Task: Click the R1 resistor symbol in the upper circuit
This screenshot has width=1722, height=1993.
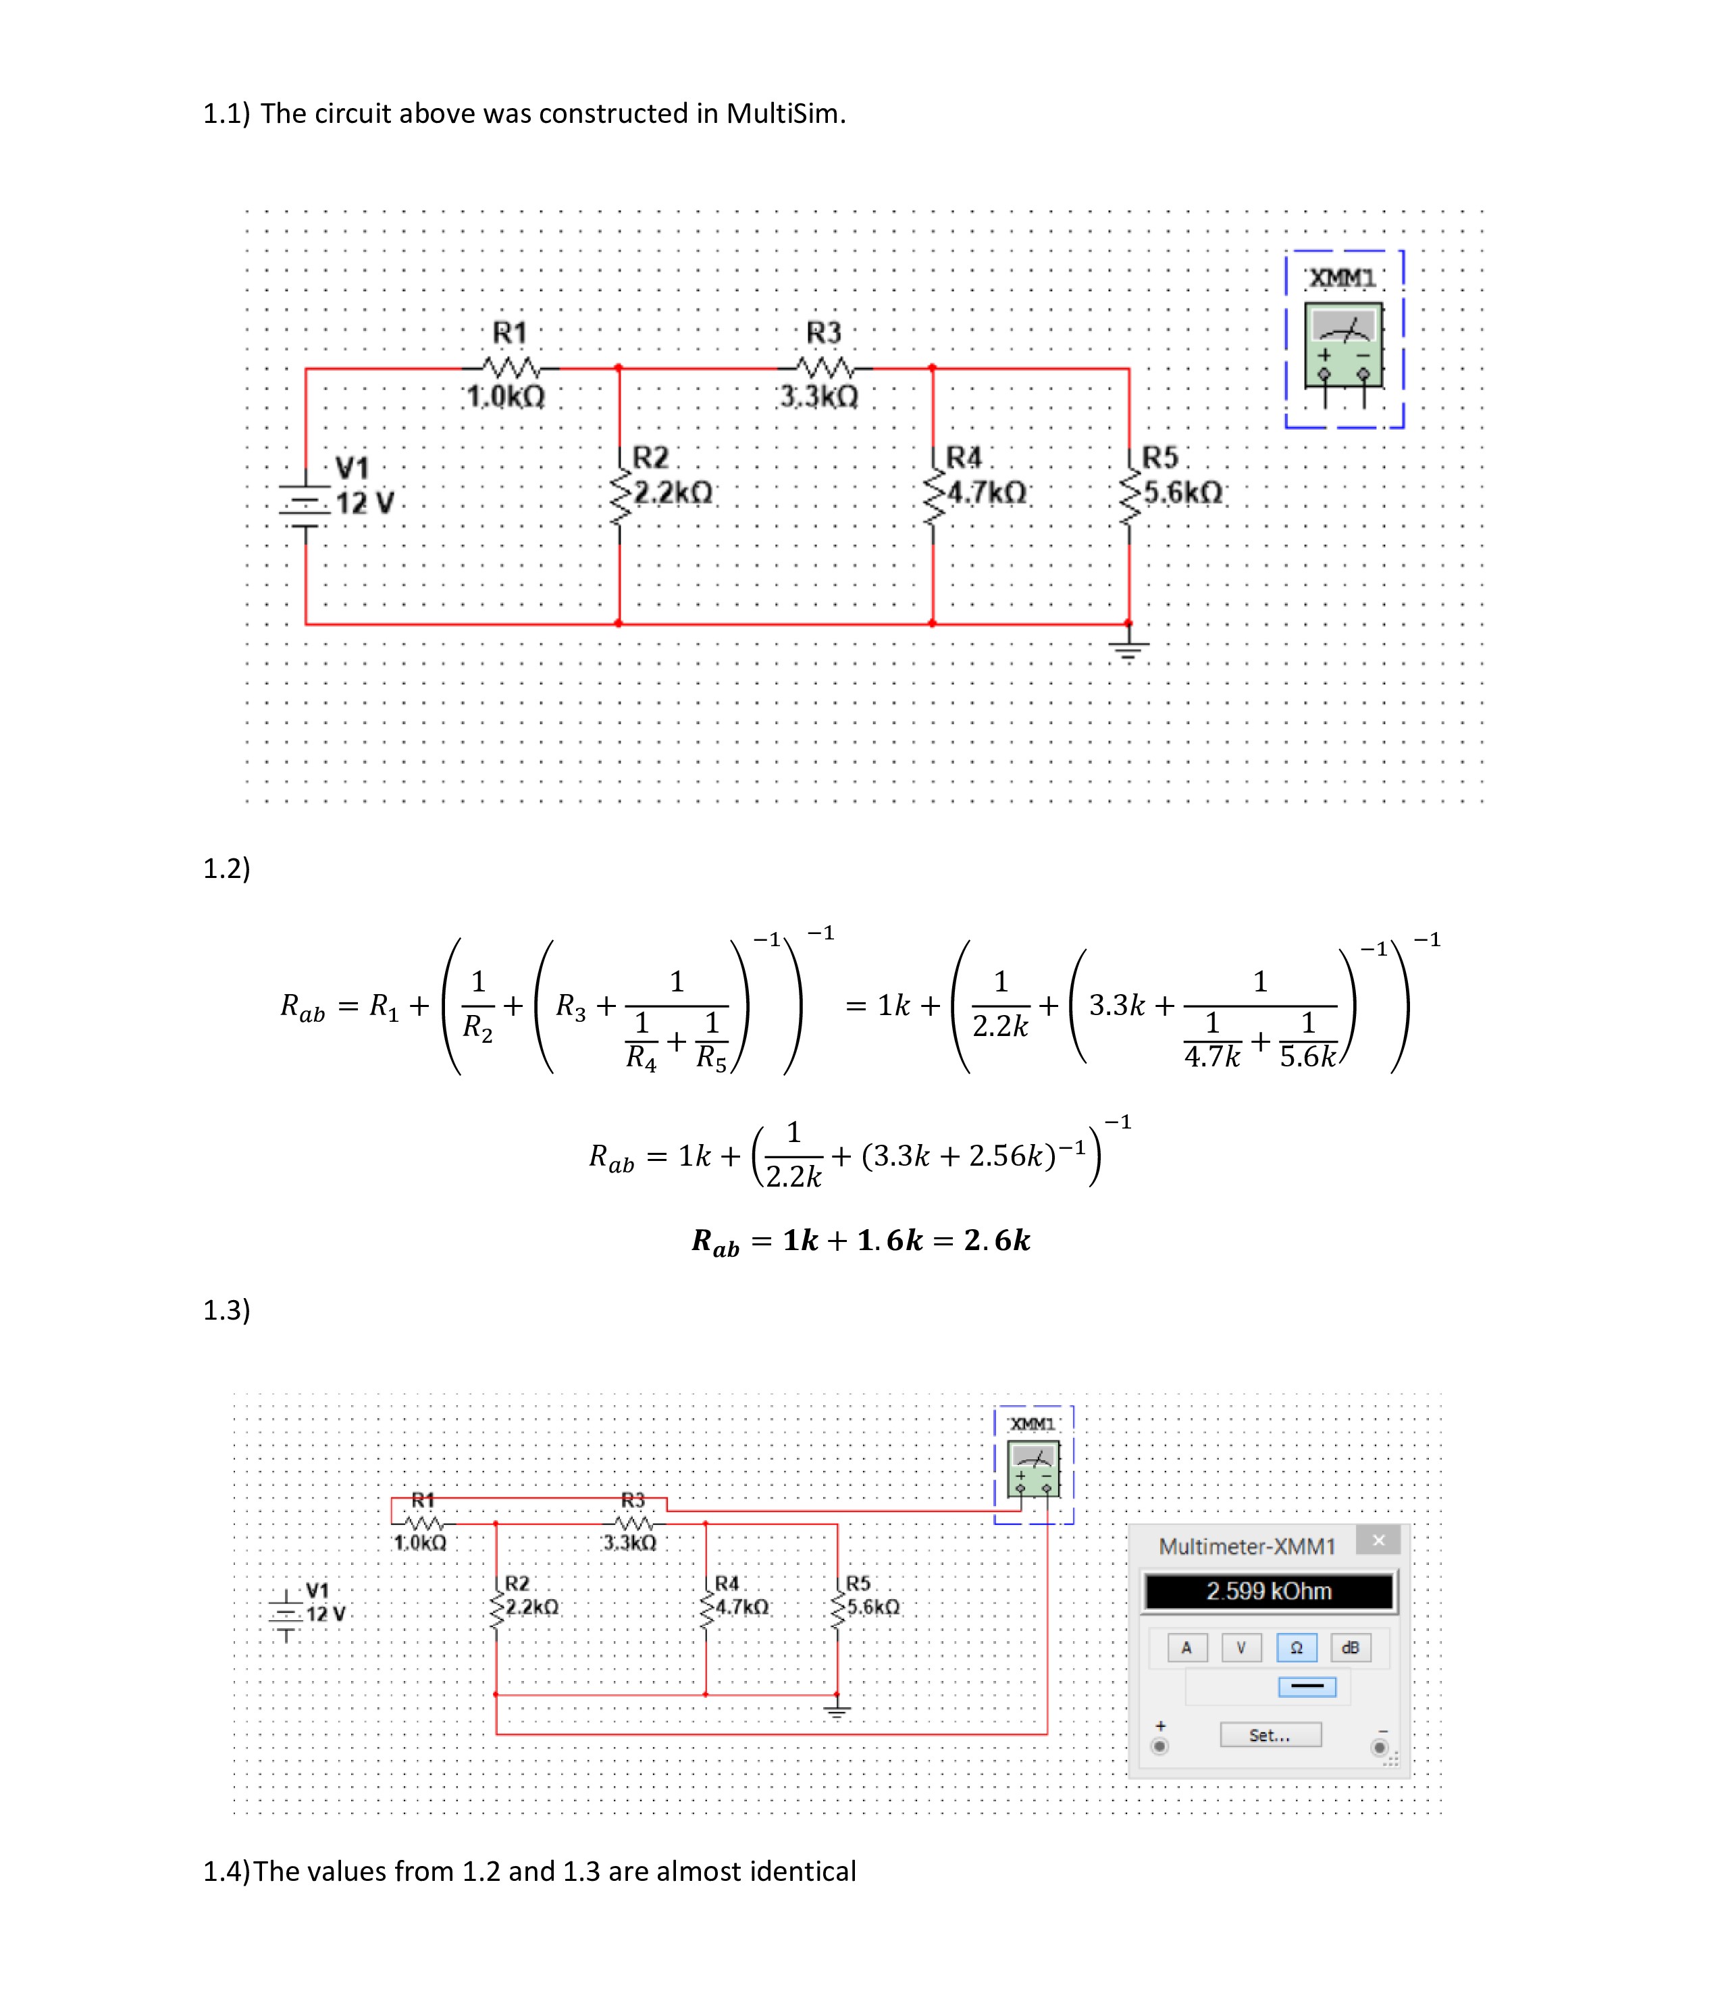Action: [x=510, y=367]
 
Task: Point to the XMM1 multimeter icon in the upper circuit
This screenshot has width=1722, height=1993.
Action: [x=1343, y=345]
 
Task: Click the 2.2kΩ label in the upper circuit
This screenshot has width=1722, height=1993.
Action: [x=673, y=492]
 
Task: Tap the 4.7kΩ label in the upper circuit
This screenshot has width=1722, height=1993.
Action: [x=987, y=492]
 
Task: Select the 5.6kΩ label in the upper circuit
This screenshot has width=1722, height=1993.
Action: [x=1183, y=492]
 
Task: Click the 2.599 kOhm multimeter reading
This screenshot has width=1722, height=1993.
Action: [x=1269, y=1591]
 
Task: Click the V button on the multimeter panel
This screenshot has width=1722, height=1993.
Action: [x=1241, y=1648]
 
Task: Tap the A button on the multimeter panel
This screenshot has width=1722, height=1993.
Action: [x=1186, y=1648]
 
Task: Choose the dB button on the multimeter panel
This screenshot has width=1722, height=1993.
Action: [x=1351, y=1648]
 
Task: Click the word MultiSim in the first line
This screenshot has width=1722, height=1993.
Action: [x=786, y=113]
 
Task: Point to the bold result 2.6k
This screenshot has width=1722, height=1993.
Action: [x=997, y=1240]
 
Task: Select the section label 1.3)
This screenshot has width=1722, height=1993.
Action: [x=227, y=1310]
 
